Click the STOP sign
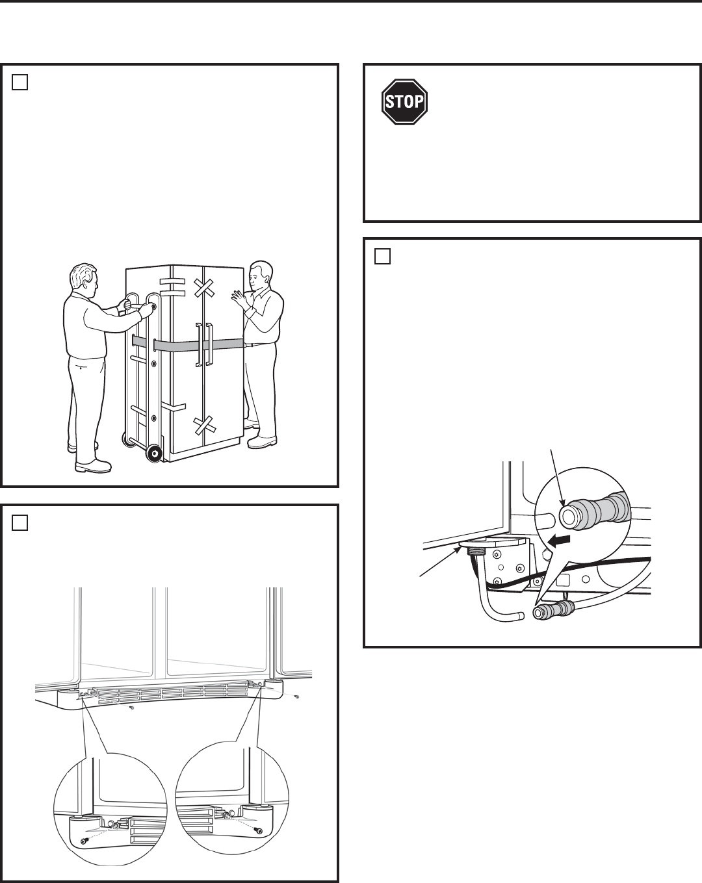coord(404,101)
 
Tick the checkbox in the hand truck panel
coord(19,82)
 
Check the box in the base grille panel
coord(19,523)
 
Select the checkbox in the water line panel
coord(382,256)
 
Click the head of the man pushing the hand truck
coord(84,279)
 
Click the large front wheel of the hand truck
coord(154,454)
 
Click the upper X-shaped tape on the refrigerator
coord(203,288)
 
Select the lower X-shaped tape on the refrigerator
coord(205,425)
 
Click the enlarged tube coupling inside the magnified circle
coord(594,513)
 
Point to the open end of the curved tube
coord(521,616)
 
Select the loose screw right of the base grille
coord(297,697)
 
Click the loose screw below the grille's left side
coord(131,708)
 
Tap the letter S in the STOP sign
coord(389,102)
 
